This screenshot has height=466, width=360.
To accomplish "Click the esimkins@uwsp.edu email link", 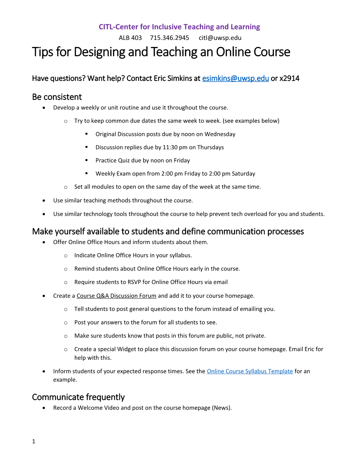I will pyautogui.click(x=235, y=78).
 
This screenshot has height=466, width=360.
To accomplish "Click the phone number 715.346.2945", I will pyautogui.click(x=169, y=38).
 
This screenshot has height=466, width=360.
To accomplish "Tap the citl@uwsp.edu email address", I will pyautogui.click(x=220, y=38).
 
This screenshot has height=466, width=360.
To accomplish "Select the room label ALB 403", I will pyautogui.click(x=130, y=38).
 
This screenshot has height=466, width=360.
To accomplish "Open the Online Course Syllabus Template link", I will pyautogui.click(x=250, y=371).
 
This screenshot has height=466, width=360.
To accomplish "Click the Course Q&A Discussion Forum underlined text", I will pyautogui.click(x=116, y=296).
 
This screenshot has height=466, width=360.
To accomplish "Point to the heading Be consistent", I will pyautogui.click(x=57, y=97).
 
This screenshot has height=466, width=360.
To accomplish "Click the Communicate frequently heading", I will pyautogui.click(x=78, y=397).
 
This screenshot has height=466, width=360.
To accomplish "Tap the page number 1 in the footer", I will pyautogui.click(x=34, y=441).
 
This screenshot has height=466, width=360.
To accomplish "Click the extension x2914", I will pyautogui.click(x=289, y=78).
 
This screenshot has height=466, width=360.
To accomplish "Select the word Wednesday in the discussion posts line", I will pyautogui.click(x=220, y=134).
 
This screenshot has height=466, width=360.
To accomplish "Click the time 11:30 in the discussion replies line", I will pyautogui.click(x=170, y=147).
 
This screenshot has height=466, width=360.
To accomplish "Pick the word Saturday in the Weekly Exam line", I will pyautogui.click(x=244, y=174).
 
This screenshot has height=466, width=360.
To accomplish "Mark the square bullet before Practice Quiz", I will pyautogui.click(x=86, y=160).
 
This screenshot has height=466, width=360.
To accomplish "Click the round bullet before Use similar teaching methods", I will pyautogui.click(x=44, y=201).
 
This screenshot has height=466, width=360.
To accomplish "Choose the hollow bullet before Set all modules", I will pyautogui.click(x=66, y=187).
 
